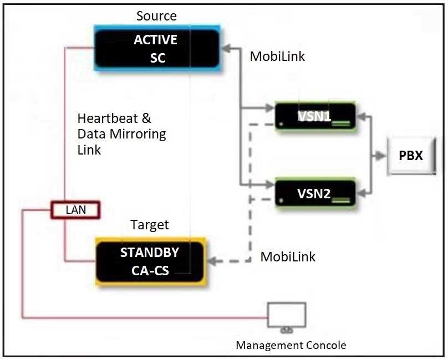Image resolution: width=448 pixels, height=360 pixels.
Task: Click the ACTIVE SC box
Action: (x=157, y=49)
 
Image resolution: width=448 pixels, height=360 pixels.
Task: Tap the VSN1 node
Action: (x=315, y=117)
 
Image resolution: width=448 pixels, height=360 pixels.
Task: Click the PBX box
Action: (x=411, y=156)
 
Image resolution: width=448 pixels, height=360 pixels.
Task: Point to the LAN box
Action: (x=75, y=210)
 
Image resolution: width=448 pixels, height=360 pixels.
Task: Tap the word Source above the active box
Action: (x=156, y=16)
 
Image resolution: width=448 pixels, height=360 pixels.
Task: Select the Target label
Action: (x=150, y=225)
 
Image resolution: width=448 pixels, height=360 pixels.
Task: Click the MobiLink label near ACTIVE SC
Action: (x=277, y=56)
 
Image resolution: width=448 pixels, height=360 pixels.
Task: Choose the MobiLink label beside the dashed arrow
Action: (x=288, y=257)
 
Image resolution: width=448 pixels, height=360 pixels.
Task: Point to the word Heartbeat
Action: (x=114, y=119)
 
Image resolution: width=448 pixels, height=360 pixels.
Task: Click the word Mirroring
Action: (x=138, y=134)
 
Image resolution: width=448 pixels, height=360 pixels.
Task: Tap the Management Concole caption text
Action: (x=291, y=346)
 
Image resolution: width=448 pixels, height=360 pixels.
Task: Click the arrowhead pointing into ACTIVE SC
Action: (x=225, y=49)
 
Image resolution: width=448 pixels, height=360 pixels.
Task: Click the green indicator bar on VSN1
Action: (x=342, y=125)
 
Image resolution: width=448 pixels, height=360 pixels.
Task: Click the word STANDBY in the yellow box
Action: (x=150, y=253)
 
